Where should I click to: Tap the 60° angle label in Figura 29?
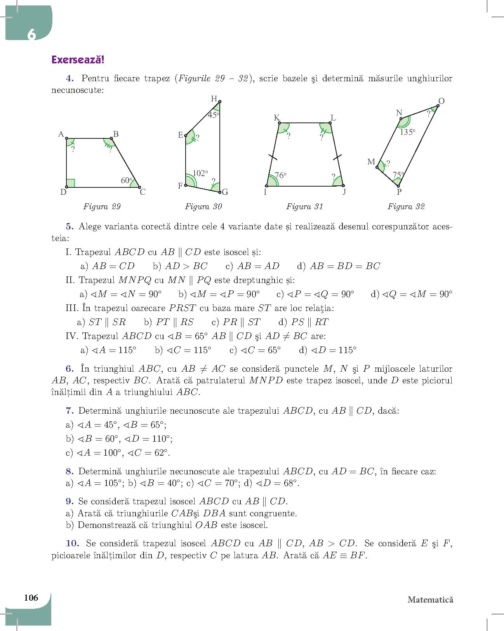[x=126, y=180]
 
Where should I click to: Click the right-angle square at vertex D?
[x=71, y=183]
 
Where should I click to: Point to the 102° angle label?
[x=200, y=173]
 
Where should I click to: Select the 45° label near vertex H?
[x=213, y=115]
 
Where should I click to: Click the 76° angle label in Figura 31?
[x=280, y=175]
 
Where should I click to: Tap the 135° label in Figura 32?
[x=408, y=132]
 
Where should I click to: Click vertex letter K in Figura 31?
[x=277, y=118]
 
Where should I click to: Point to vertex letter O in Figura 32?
[x=441, y=101]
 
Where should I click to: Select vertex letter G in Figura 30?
[x=225, y=192]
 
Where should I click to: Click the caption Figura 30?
[x=203, y=206]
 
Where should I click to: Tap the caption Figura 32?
[x=406, y=206]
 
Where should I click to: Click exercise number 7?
[x=70, y=411]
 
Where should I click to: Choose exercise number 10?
[x=73, y=543]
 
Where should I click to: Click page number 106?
[x=31, y=598]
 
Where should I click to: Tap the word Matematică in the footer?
[x=430, y=600]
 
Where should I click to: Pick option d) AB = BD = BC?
[x=338, y=266]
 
